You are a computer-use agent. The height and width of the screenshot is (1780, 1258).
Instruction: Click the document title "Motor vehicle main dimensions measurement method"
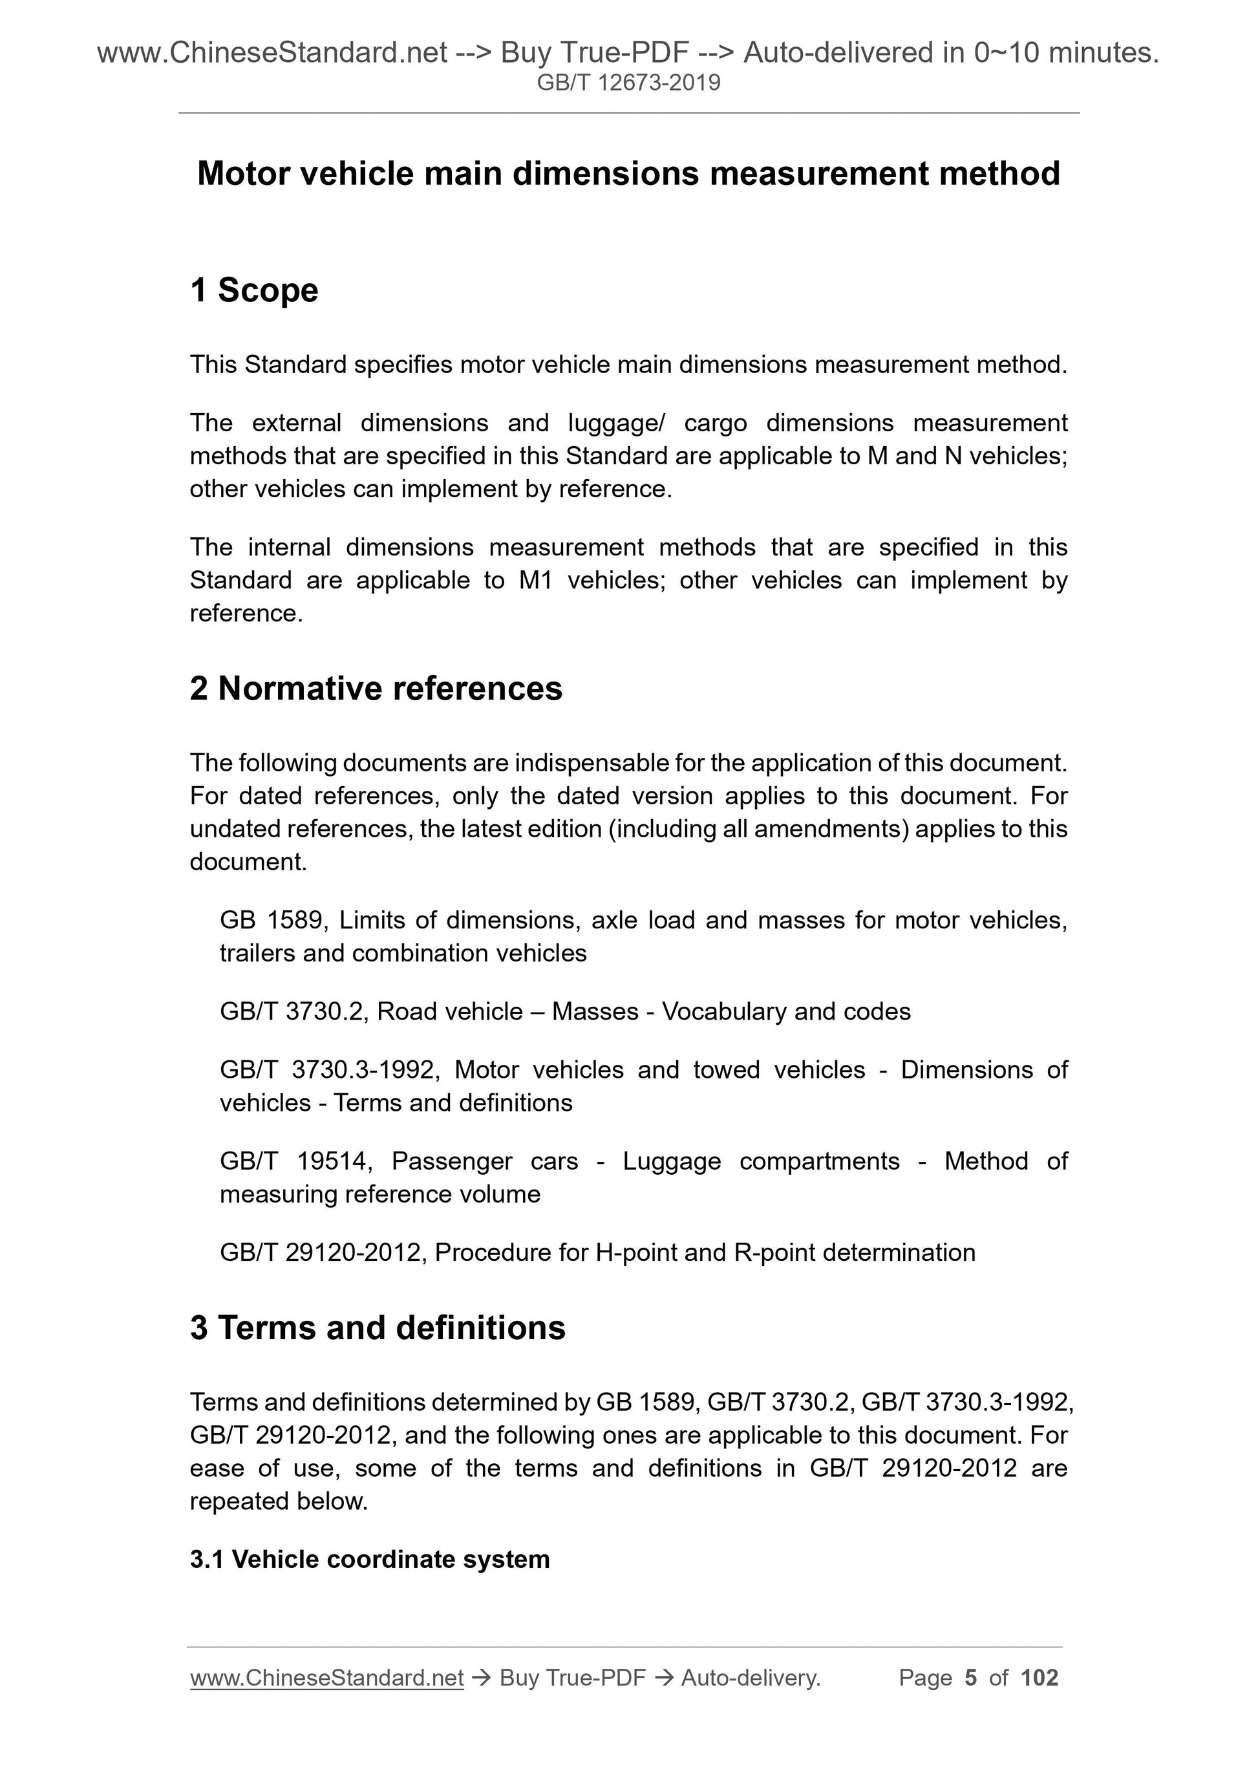[x=628, y=174]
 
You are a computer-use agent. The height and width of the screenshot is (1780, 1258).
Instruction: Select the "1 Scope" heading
[x=253, y=291]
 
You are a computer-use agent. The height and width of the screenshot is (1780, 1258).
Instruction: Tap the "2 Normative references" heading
[x=376, y=689]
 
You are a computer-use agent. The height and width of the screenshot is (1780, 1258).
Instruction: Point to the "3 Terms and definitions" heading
[x=378, y=1327]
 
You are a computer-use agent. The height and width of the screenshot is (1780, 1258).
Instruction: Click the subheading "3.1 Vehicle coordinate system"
[x=370, y=1559]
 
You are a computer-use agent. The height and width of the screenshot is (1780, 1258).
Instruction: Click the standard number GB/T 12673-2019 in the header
[x=628, y=82]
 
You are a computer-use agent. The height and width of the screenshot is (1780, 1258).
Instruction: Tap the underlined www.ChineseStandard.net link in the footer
[x=326, y=1678]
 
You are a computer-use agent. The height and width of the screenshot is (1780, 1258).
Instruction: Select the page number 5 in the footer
[x=970, y=1678]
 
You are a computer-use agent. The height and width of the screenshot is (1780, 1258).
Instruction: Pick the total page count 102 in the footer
[x=1039, y=1678]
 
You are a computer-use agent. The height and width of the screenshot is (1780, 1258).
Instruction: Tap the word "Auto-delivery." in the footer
[x=751, y=1678]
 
